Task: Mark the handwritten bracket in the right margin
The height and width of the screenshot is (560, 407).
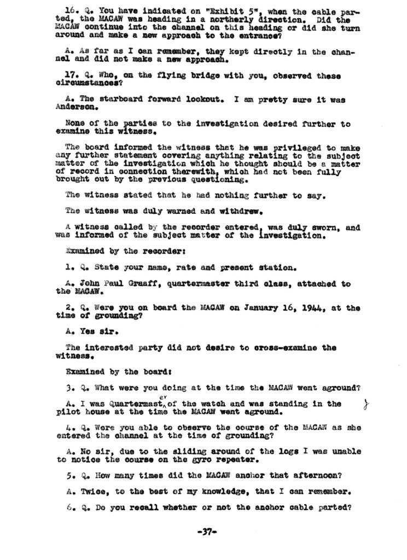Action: pos(365,405)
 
